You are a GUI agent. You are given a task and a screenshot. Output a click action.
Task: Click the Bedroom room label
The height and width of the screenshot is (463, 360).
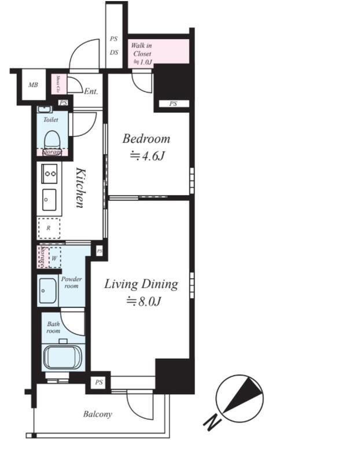click(x=146, y=139)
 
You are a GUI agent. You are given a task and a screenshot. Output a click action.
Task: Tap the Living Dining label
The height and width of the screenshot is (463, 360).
click(x=141, y=284)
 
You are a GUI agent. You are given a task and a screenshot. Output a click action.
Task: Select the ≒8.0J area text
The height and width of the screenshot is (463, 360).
click(x=141, y=301)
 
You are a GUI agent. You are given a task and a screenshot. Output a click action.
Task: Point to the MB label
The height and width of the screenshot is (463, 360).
click(x=34, y=86)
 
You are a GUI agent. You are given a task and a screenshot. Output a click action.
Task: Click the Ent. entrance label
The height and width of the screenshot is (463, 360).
click(x=91, y=91)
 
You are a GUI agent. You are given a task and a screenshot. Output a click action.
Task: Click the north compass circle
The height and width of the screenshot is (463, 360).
click(x=239, y=397)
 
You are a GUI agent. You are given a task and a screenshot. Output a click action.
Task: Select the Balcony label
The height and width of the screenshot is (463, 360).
click(x=97, y=414)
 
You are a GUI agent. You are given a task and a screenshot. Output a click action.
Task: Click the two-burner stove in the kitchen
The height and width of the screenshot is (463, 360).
click(x=49, y=172)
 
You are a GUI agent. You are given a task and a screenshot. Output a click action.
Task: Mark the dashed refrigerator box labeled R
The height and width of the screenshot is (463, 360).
click(x=49, y=227)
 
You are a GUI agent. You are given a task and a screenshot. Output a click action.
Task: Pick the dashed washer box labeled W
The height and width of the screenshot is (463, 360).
click(x=54, y=258)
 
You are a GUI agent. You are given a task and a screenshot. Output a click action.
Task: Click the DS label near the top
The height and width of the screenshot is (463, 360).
click(x=114, y=52)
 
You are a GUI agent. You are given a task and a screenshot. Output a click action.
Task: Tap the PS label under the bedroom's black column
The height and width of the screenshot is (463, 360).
click(x=172, y=104)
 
